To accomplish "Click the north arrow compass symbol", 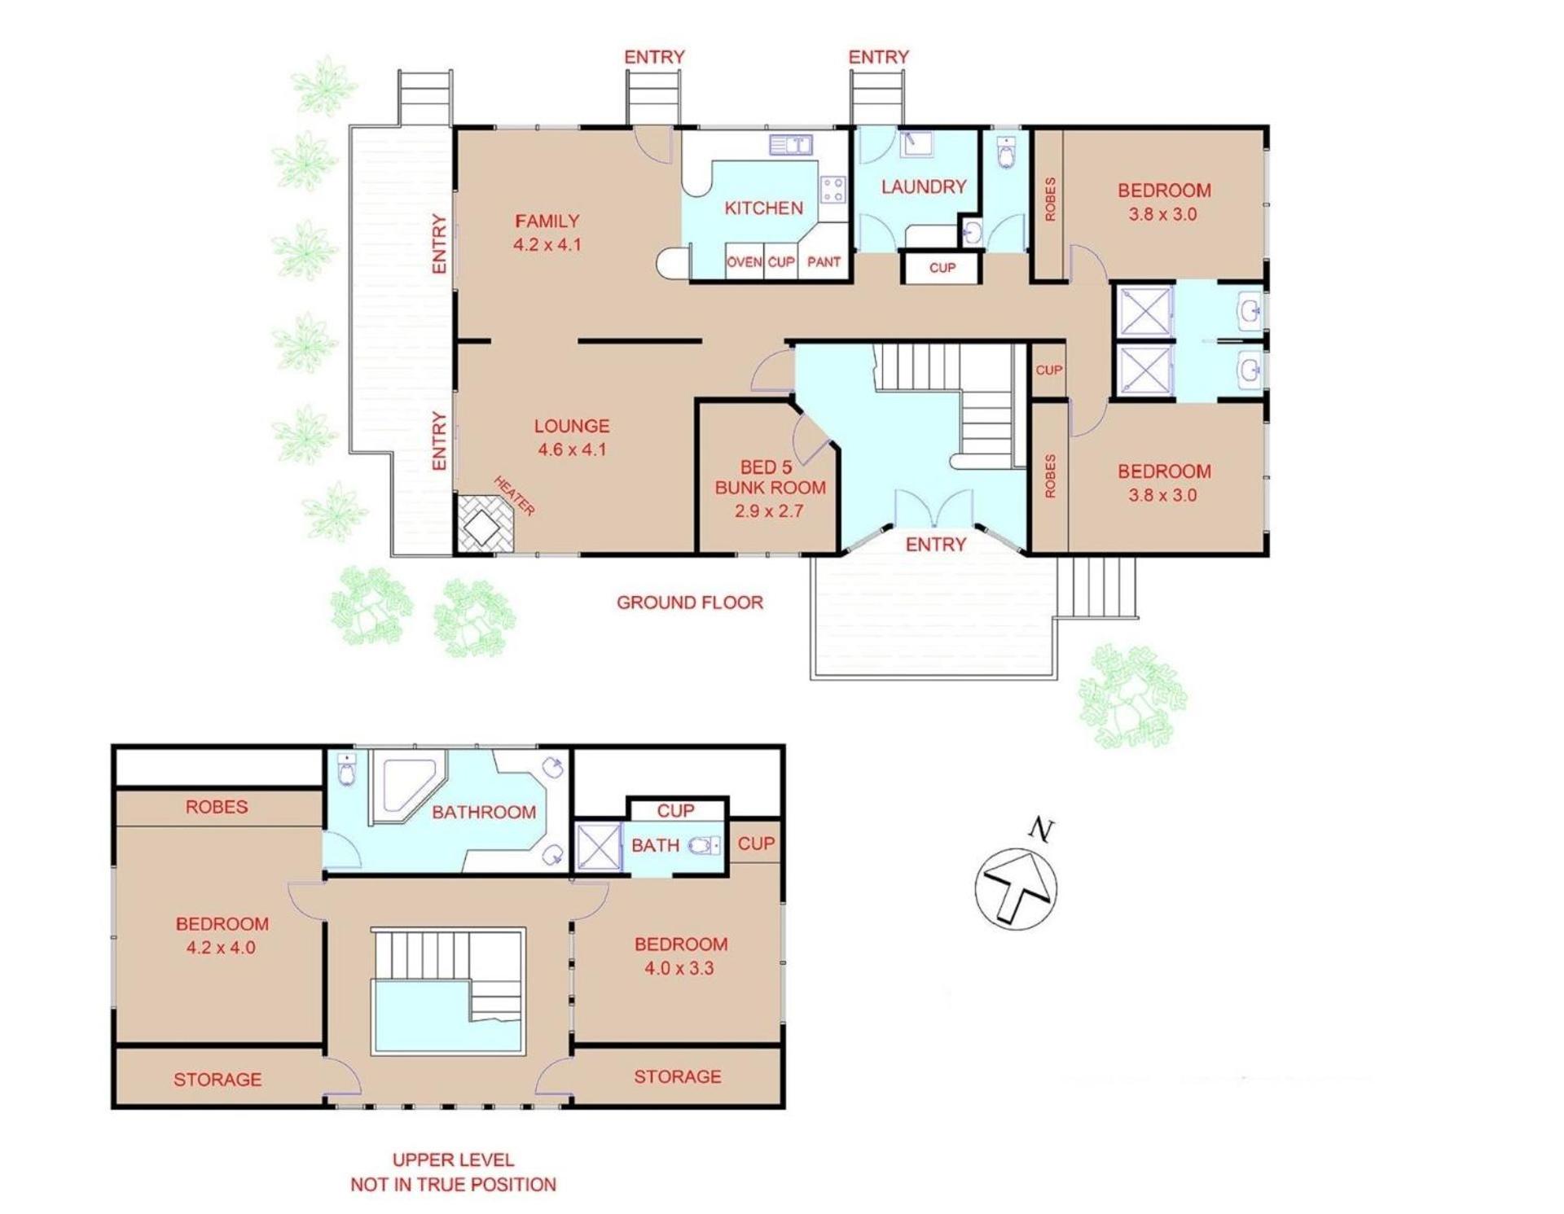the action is click(1016, 887).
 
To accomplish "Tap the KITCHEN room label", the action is click(764, 208).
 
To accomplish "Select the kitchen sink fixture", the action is click(791, 145).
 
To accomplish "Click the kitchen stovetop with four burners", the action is click(833, 189).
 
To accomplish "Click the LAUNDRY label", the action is click(924, 187).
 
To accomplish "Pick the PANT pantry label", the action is click(824, 262).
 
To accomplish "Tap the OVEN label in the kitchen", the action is click(745, 262).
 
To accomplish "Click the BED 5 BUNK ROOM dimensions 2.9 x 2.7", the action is click(769, 511).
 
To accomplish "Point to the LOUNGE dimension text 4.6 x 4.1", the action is click(572, 449).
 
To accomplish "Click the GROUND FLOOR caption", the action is click(690, 603).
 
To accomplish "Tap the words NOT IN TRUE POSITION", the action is click(454, 1185).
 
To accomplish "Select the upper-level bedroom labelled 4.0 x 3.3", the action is click(679, 957).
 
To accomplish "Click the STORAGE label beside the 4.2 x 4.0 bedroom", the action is click(217, 1080).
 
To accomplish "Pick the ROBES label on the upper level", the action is click(217, 807).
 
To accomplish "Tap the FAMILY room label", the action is click(547, 221).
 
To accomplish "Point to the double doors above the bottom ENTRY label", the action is click(934, 508).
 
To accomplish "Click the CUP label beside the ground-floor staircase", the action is click(1049, 370).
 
